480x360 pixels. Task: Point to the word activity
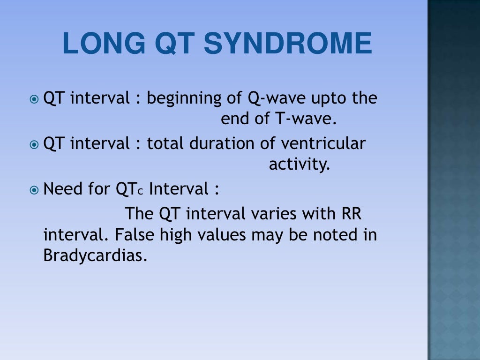point(300,165)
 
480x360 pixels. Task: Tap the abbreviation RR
point(349,214)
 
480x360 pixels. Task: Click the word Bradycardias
point(92,256)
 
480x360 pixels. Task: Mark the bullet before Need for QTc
point(34,190)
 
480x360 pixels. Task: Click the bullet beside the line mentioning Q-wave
point(34,99)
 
